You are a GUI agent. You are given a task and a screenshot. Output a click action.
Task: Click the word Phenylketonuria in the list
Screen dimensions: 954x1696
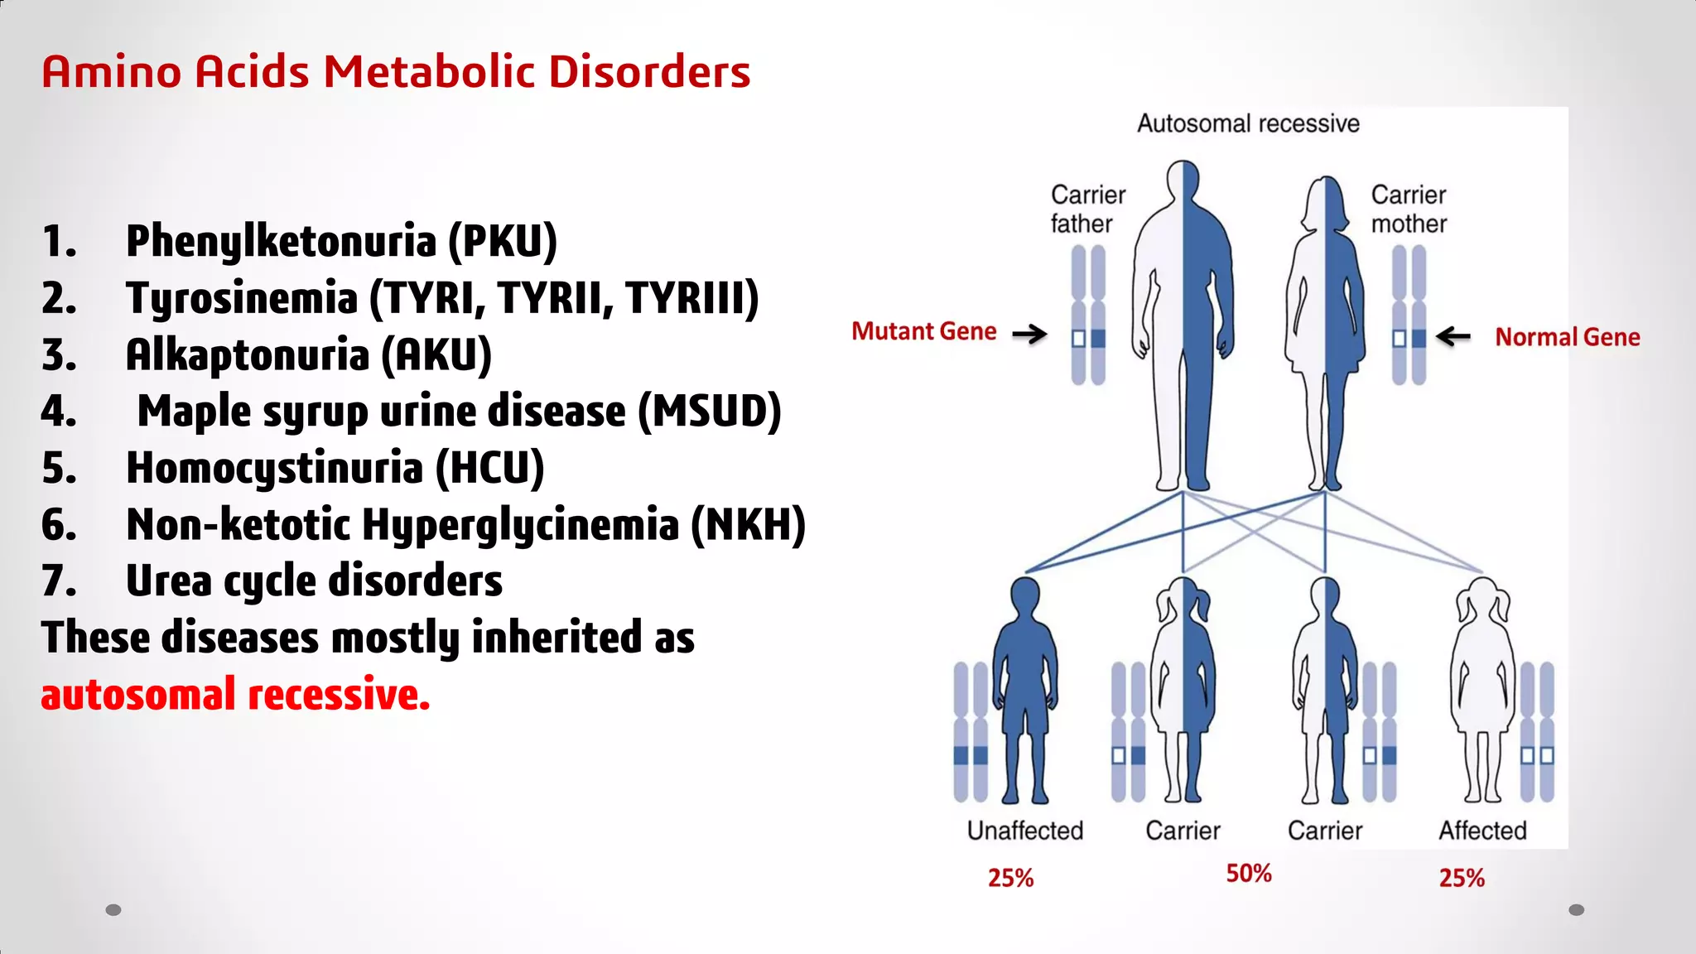pos(281,241)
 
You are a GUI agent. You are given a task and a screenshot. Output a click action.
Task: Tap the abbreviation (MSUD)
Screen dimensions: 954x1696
pos(710,412)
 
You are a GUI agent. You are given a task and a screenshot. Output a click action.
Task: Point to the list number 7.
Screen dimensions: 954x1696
pos(59,581)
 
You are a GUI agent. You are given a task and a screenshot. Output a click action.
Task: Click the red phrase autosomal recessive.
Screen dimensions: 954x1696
pos(235,694)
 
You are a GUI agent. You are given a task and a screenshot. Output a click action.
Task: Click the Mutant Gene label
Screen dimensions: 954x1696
pos(924,331)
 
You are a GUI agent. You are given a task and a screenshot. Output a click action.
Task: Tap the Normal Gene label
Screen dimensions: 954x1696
pos(1567,337)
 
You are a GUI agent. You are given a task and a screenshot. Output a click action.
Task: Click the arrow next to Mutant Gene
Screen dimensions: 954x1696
pos(1030,335)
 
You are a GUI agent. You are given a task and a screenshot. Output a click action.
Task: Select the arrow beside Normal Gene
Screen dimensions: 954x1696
pos(1453,336)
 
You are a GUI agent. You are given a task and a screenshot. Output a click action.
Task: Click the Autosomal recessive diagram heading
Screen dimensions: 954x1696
pos(1248,123)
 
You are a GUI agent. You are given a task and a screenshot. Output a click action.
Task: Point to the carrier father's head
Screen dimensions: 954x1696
pos(1183,180)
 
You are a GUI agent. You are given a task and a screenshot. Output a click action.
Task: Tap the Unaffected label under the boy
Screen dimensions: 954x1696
pos(1025,831)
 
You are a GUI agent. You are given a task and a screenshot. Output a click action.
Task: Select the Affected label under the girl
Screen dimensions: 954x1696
pos(1482,831)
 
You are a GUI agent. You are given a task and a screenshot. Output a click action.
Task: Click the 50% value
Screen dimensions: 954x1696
pos(1249,874)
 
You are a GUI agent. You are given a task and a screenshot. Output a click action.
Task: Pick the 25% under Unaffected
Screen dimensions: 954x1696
pos(1010,878)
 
